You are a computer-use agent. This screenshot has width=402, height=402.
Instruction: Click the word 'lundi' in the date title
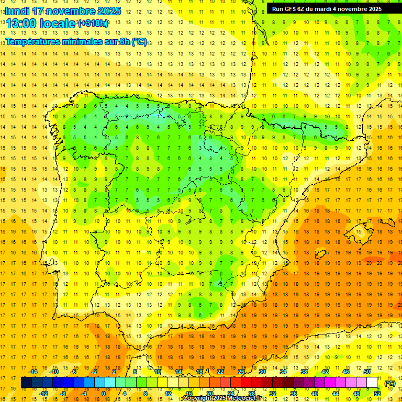[17, 11]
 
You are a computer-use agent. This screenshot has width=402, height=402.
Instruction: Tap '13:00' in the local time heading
[21, 24]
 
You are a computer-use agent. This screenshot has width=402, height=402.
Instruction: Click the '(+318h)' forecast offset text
[93, 24]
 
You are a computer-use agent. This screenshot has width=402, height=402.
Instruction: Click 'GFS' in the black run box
[292, 9]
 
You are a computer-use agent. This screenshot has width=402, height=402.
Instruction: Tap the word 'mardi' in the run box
[324, 9]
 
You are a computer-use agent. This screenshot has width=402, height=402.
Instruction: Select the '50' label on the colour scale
[367, 372]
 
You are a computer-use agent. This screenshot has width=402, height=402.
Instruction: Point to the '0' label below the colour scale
[103, 394]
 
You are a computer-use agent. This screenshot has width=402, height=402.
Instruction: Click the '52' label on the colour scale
[377, 394]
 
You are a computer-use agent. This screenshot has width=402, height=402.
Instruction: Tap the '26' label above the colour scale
[241, 372]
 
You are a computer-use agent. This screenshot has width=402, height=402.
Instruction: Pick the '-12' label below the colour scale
[43, 394]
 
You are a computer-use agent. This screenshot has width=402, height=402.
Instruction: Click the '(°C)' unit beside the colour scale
[389, 383]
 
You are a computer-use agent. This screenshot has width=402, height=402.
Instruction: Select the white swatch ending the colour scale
[372, 383]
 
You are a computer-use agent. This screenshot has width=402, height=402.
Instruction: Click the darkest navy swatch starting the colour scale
[26, 383]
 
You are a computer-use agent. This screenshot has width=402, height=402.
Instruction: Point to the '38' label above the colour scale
[304, 372]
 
